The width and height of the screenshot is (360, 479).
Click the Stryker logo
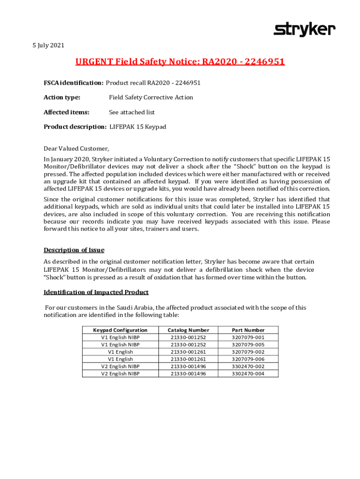click(304, 29)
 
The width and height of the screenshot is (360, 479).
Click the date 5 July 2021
click(45, 45)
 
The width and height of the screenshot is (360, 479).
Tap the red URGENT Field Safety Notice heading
click(180, 62)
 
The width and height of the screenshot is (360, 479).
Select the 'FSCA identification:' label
click(73, 83)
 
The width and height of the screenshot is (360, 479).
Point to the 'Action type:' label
click(62, 97)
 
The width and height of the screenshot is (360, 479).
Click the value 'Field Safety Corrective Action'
click(151, 97)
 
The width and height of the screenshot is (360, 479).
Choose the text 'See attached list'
click(132, 112)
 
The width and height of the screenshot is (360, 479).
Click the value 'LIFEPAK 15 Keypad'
click(138, 127)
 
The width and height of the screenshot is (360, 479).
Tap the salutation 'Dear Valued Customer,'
click(76, 149)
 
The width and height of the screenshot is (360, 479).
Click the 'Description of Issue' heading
click(74, 250)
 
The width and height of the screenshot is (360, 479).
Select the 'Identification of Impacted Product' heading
click(96, 292)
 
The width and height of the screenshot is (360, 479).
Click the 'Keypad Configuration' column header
click(120, 330)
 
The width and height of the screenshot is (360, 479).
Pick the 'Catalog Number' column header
click(188, 330)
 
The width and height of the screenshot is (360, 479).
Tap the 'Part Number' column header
click(248, 330)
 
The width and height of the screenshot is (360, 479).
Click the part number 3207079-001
click(248, 337)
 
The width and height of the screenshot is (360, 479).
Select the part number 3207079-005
click(248, 344)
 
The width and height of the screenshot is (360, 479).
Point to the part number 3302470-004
click(248, 374)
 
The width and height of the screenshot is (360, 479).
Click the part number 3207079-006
click(248, 359)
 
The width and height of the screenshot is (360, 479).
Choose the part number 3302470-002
click(248, 366)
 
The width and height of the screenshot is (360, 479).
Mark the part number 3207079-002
click(248, 352)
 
